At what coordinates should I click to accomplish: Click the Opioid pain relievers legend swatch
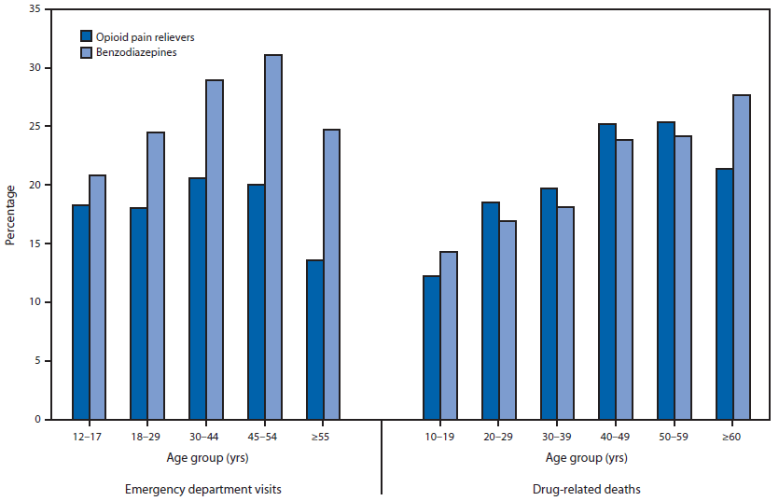86,36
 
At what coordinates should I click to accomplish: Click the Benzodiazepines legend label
135,53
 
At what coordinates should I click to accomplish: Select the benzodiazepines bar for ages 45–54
272,237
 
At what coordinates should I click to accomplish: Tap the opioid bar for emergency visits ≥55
314,340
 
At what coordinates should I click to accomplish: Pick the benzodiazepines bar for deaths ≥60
741,257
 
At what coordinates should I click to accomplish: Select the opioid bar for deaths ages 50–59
666,271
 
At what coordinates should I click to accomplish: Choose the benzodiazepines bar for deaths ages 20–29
507,320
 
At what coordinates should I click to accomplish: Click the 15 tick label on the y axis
34,244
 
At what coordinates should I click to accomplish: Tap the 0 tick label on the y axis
36,420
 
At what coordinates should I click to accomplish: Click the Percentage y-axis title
10,215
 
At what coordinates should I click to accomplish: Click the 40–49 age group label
616,436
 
